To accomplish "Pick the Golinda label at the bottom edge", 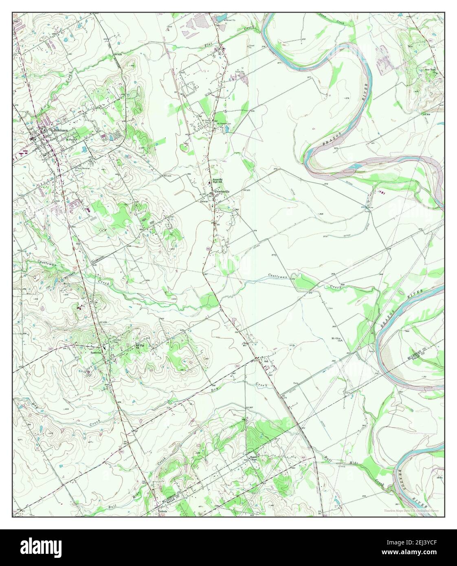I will click(x=163, y=511).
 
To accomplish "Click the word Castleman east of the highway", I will click(x=279, y=277).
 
